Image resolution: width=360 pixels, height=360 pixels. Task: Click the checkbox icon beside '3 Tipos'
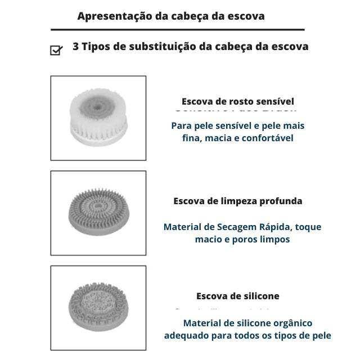(56, 50)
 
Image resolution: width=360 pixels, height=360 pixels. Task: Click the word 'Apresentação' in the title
(114, 16)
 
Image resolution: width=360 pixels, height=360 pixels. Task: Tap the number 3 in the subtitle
(76, 47)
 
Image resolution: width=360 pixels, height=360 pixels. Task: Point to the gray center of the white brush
(99, 105)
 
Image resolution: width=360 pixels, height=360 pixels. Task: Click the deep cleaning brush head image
(98, 213)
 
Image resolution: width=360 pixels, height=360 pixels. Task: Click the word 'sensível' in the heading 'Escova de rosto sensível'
(274, 102)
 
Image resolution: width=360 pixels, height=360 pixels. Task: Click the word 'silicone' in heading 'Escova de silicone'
(259, 296)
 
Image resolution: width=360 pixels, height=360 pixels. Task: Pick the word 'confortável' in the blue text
(268, 138)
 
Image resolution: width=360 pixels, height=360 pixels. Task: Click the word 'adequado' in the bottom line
(186, 336)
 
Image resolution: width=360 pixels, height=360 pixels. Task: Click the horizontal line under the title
(177, 29)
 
